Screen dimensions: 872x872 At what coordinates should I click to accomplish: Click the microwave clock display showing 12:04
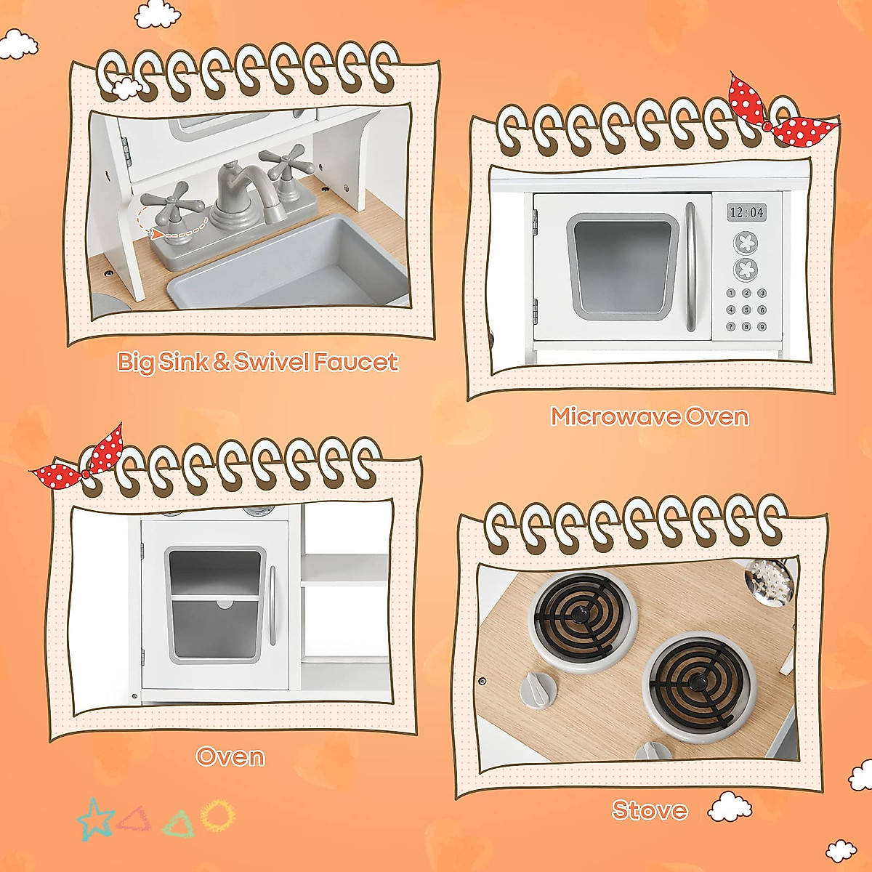point(747,212)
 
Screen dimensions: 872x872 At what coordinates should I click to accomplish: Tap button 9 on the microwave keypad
point(762,327)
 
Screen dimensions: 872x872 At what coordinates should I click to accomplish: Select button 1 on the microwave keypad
point(731,294)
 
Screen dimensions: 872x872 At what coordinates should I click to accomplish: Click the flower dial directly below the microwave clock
point(746,242)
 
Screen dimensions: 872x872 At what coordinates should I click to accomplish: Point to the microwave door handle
point(690,267)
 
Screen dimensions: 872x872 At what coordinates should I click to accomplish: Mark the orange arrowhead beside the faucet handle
point(156,233)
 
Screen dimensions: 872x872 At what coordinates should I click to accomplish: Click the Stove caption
point(649,810)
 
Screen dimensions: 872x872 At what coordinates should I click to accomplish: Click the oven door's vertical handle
point(272,605)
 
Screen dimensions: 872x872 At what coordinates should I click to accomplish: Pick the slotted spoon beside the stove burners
point(770,581)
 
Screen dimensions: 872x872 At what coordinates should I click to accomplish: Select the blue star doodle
point(95,819)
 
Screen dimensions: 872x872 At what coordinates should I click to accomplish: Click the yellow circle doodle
point(217,815)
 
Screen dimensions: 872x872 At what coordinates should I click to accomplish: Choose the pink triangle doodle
point(134,819)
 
